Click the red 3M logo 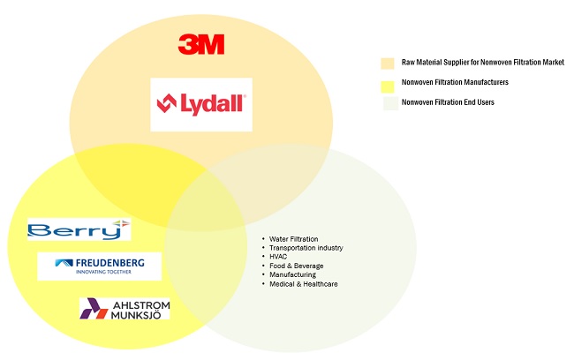201,44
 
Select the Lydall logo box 201,104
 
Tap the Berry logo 79,229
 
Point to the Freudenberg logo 99,266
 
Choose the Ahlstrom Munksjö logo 125,308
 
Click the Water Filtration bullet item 294,239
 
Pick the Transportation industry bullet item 306,248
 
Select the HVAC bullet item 279,257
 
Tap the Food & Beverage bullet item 297,266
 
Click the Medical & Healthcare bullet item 304,284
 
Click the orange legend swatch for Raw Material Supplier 388,64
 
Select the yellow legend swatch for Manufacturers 388,84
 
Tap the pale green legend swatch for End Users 388,103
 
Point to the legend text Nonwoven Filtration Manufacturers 455,83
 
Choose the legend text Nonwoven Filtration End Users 446,103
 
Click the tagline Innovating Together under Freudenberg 97,273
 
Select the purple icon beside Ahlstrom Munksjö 93,308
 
